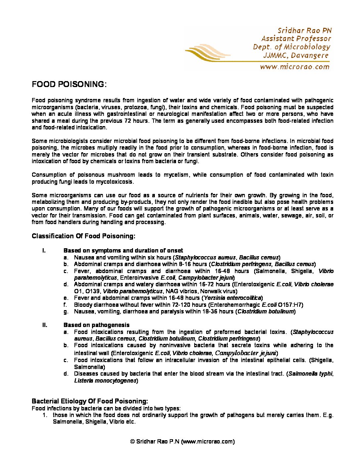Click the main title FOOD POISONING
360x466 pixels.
(68, 84)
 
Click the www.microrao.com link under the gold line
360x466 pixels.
(294, 67)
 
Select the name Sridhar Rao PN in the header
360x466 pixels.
(304, 30)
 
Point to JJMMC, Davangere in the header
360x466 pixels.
(296, 55)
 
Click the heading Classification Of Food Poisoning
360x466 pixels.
(83, 236)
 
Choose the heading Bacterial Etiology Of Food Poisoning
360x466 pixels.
(90, 401)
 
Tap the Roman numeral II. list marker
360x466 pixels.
(45, 325)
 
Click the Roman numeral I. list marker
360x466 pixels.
(44, 251)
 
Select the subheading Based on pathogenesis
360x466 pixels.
(96, 325)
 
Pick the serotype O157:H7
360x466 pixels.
(290, 305)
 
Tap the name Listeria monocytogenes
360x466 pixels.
(105, 381)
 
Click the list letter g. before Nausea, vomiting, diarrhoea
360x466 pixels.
(66, 311)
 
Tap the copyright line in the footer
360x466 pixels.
(182, 441)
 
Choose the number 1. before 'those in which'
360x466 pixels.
(45, 415)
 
